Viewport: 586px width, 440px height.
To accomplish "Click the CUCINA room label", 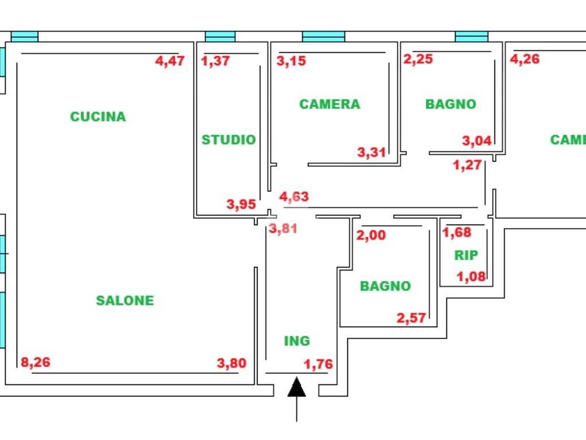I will (98, 116).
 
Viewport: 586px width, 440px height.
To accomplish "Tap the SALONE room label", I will (125, 300).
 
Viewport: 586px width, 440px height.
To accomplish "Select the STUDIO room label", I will (228, 140).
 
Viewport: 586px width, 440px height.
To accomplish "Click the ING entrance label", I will (297, 341).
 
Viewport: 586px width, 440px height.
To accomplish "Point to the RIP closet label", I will (466, 256).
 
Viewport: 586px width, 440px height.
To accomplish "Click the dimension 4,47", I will (171, 61).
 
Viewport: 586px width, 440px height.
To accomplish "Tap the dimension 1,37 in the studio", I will (216, 61).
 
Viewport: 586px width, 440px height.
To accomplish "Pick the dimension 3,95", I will (241, 204).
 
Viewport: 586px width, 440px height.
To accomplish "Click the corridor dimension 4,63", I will (294, 197).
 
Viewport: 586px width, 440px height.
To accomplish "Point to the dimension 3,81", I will (283, 229).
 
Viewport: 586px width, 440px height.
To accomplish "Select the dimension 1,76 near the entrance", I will (318, 364).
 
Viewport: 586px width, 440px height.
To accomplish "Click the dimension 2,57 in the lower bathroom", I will (411, 317).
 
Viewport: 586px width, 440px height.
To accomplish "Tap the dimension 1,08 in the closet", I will (471, 277).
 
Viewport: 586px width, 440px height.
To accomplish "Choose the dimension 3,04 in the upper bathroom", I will (477, 140).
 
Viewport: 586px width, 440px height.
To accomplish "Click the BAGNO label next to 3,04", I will (450, 104).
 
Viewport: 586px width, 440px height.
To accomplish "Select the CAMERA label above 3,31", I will (330, 104).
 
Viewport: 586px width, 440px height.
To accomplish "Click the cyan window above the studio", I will (220, 37).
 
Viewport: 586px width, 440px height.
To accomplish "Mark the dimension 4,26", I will (525, 59).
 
